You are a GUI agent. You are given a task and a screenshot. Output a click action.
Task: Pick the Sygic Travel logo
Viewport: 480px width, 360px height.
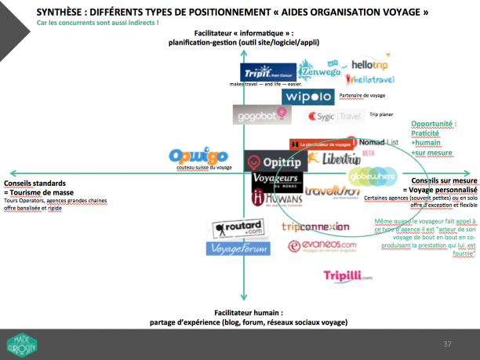(335, 116)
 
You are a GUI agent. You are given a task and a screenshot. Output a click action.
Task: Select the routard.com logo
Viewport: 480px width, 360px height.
(237, 229)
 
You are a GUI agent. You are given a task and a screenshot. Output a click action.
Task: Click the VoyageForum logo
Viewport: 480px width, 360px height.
(238, 248)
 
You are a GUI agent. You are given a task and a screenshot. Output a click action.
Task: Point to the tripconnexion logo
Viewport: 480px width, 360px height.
(315, 227)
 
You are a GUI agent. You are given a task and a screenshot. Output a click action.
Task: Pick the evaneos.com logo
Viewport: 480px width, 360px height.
(322, 246)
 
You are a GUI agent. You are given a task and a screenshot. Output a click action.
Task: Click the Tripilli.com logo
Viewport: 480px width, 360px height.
(347, 276)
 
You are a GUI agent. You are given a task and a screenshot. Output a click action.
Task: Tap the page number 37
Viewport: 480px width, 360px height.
(447, 344)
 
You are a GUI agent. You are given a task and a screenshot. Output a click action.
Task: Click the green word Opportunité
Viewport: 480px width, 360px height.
(433, 124)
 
